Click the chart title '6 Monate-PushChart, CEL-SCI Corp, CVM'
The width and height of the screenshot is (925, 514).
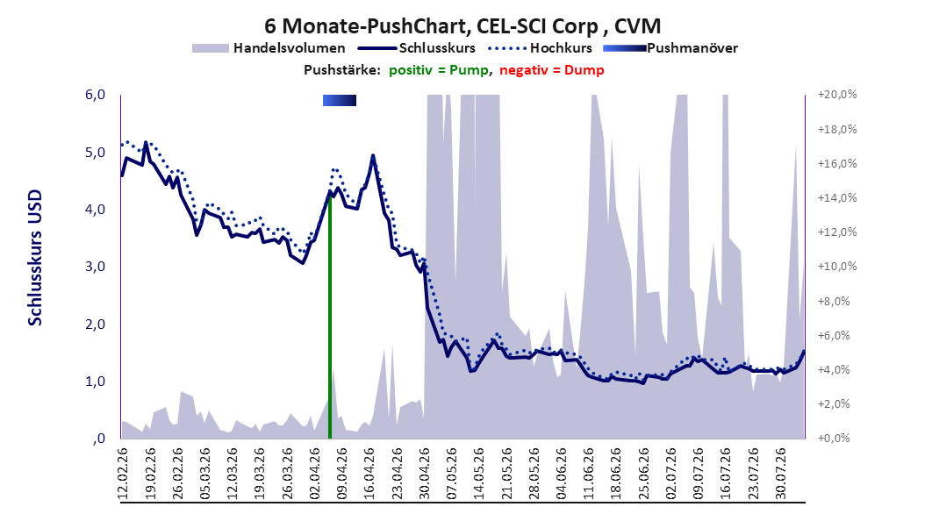(x=462, y=26)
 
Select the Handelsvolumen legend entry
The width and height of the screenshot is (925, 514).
(x=269, y=48)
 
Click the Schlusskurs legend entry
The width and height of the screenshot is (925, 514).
(x=417, y=48)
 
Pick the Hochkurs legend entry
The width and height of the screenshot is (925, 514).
(x=539, y=48)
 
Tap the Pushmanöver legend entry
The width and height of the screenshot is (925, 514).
(x=670, y=48)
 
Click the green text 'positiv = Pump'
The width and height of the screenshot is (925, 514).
(x=438, y=70)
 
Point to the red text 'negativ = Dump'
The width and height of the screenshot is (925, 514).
(x=552, y=70)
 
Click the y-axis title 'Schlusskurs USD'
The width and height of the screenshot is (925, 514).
(x=35, y=258)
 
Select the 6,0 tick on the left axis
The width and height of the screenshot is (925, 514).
(x=95, y=95)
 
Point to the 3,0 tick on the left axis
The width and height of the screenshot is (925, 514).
(x=95, y=267)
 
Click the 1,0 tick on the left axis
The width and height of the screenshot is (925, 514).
(x=95, y=382)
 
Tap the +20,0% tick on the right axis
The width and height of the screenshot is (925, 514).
(x=837, y=95)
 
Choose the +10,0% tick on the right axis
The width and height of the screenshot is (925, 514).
(x=837, y=267)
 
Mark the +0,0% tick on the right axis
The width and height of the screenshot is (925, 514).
(x=834, y=439)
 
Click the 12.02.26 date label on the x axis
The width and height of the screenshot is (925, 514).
(x=123, y=473)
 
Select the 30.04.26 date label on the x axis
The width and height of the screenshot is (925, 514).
(x=424, y=473)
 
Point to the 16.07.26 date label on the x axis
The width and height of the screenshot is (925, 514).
(x=726, y=473)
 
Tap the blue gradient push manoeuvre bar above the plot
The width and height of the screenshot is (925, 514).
(x=340, y=101)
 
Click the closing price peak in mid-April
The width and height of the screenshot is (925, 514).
(x=373, y=156)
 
